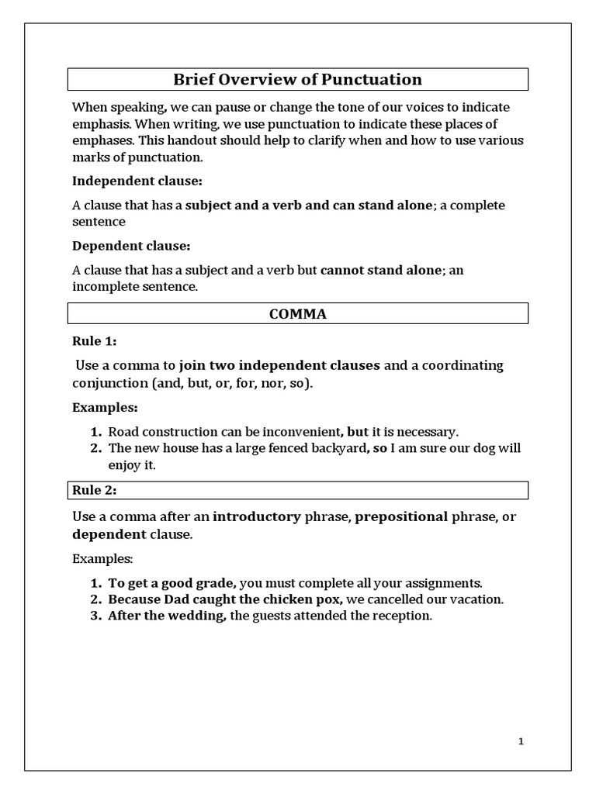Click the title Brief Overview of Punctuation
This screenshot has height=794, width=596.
coord(298,79)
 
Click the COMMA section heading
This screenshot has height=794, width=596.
coord(298,314)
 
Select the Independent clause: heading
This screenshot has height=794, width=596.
coord(137,181)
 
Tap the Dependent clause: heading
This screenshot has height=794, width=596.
coord(131,246)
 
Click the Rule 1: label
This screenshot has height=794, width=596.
coord(95,341)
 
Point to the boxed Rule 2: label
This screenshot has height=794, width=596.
coord(95,490)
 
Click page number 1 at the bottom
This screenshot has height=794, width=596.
coord(521,742)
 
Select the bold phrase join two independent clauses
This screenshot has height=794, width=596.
coord(279,365)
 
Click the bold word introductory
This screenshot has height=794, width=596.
coord(256,516)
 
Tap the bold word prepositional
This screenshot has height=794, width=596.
coord(401,516)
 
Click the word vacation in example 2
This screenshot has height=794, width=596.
coord(479,599)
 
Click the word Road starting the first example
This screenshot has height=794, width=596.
coord(122,432)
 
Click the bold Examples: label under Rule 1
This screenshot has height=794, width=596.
coord(105,407)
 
